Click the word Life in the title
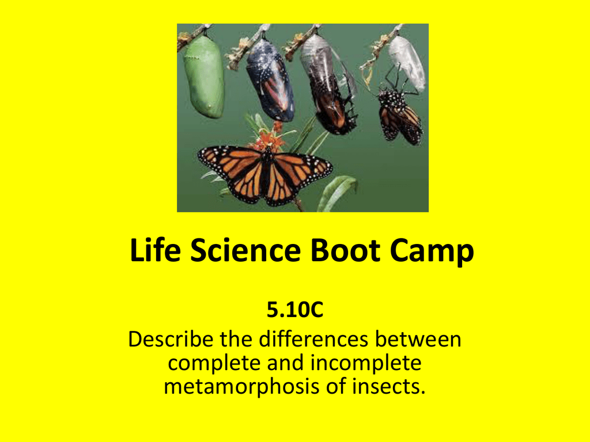pyautogui.click(x=155, y=250)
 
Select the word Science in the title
pyautogui.click(x=245, y=250)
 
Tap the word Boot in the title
pyautogui.click(x=345, y=250)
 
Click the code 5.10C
pyautogui.click(x=295, y=310)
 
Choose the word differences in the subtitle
pyautogui.click(x=313, y=339)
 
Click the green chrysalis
pyautogui.click(x=204, y=77)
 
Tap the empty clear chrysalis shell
pyautogui.click(x=407, y=63)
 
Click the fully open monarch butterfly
pyautogui.click(x=265, y=176)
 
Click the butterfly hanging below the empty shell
pyautogui.click(x=400, y=115)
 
